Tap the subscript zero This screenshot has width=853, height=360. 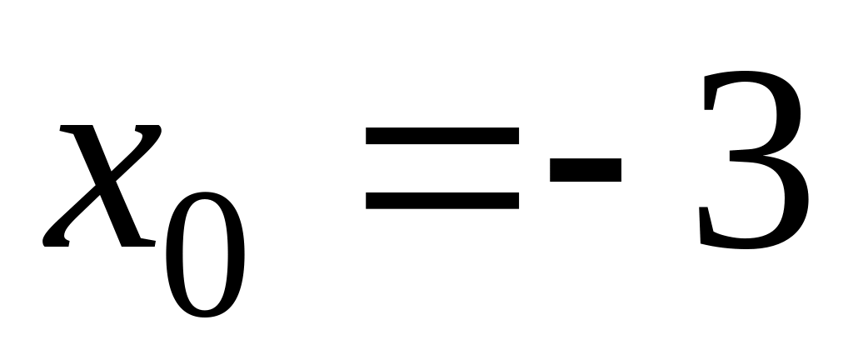[205, 256]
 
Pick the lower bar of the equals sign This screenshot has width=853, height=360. [442, 200]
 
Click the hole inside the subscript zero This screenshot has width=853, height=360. [205, 256]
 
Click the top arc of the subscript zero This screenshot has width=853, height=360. [205, 197]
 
